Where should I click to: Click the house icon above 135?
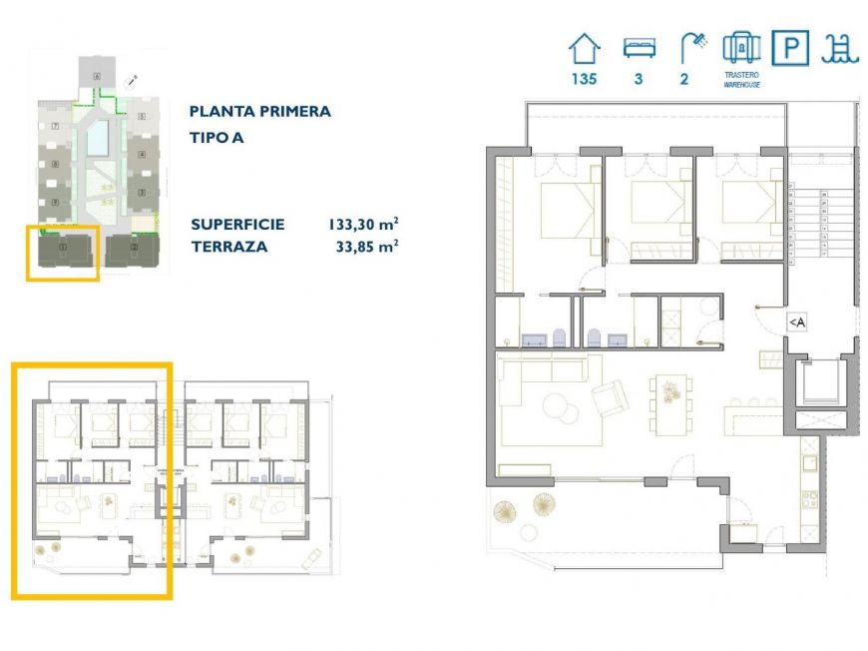pos(585,48)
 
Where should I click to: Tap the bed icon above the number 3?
pos(639,48)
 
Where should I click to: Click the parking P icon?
pos(790,48)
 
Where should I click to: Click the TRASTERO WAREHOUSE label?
pos(741,80)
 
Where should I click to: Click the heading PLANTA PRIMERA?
pos(259,112)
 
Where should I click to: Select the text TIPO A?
pos(216,138)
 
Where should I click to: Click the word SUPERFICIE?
pos(237,225)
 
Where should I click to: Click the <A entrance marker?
pos(797,322)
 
